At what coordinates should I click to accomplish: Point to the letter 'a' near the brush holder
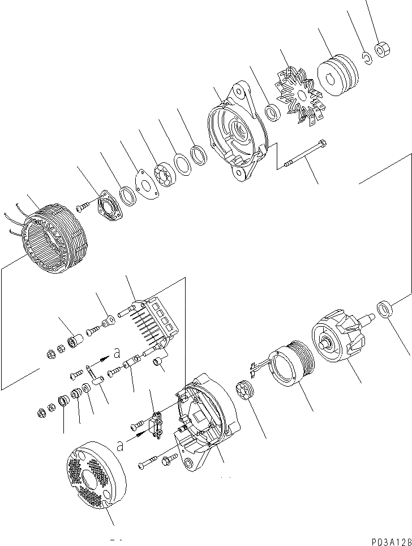(119, 446)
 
